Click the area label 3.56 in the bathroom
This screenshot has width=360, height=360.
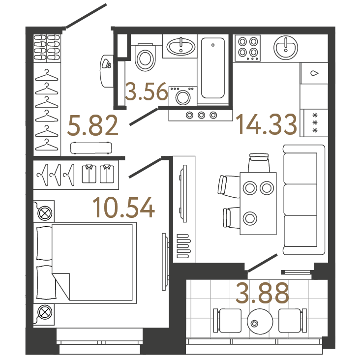click(146, 91)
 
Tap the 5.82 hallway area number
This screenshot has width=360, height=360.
click(93, 125)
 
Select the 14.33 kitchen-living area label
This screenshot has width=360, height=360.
click(267, 124)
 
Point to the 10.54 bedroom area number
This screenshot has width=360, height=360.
click(123, 208)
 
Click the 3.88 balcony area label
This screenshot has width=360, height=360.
click(262, 293)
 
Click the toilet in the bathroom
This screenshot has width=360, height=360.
click(145, 57)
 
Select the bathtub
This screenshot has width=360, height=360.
click(213, 68)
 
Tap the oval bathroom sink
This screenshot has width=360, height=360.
click(181, 46)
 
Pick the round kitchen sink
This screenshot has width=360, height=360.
click(286, 48)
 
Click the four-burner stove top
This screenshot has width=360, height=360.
click(248, 48)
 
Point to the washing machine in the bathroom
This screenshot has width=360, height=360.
click(183, 96)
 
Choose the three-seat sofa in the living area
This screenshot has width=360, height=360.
click(304, 200)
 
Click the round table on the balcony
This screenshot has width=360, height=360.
click(260, 322)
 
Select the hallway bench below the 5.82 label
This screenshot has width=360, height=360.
click(91, 148)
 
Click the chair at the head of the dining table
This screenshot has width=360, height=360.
click(259, 163)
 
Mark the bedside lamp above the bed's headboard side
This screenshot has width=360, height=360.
click(45, 213)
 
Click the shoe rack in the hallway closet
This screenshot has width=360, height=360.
click(47, 48)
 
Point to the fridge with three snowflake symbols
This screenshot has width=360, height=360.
click(314, 123)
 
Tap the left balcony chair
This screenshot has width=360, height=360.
click(228, 321)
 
